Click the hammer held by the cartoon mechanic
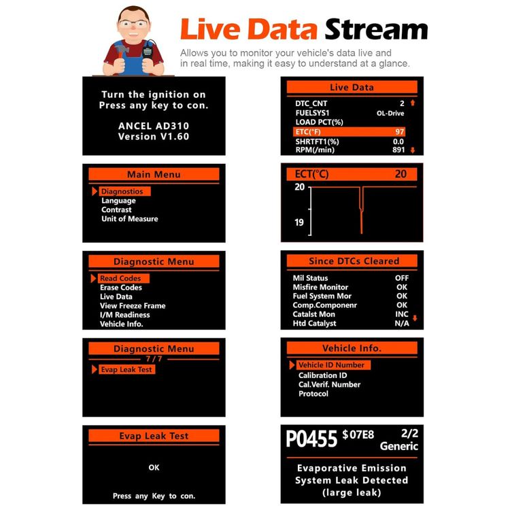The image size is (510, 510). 122,52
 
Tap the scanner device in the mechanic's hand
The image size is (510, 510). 148,50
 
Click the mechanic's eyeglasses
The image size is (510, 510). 133,23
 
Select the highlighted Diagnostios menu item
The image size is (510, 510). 122,191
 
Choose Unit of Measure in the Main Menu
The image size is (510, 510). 129,219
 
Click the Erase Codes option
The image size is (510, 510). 121,288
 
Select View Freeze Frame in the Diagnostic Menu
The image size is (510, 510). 133,306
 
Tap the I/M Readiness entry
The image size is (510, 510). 125,315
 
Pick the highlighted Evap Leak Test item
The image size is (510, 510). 126,369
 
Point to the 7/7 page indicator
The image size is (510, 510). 154,359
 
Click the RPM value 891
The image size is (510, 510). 398,150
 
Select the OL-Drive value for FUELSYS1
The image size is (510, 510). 390,113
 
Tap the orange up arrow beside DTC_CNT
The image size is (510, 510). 413,103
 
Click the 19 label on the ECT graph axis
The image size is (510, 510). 299,222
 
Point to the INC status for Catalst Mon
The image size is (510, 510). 402,314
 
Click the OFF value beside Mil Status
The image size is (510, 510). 402,278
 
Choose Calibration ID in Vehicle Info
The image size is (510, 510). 322,375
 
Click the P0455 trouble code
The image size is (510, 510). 311,439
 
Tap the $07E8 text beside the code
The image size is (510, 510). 358,435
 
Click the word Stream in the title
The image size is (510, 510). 376,29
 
